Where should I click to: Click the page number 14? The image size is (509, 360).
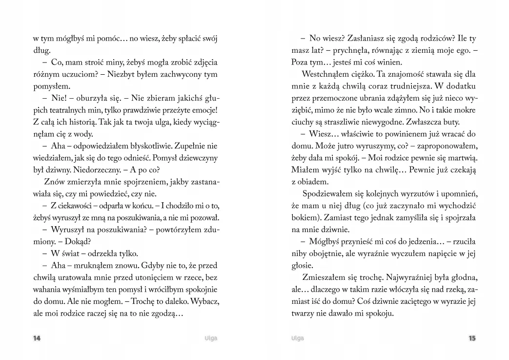[37, 338]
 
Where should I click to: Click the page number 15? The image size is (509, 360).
[472, 338]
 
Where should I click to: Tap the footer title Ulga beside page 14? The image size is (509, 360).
[211, 338]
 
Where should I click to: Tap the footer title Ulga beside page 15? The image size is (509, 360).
[297, 338]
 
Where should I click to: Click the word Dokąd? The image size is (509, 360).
[81, 241]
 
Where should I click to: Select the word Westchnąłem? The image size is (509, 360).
[326, 75]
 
